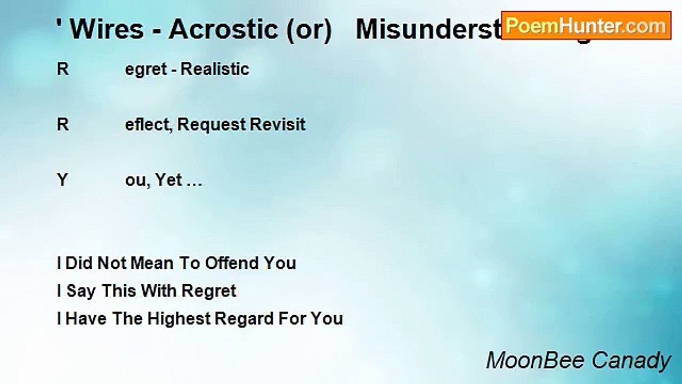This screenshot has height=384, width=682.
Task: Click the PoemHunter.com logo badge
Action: [x=586, y=25]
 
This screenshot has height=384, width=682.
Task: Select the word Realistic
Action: [x=216, y=69]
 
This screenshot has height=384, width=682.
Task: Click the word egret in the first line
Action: [x=146, y=69]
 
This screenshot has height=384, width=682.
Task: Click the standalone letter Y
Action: [x=62, y=180]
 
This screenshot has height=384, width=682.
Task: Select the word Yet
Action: [x=169, y=180]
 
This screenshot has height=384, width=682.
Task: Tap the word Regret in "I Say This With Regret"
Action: [x=209, y=291]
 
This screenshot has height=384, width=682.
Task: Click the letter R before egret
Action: [x=62, y=69]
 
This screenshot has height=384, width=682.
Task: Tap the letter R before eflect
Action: [x=62, y=125]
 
